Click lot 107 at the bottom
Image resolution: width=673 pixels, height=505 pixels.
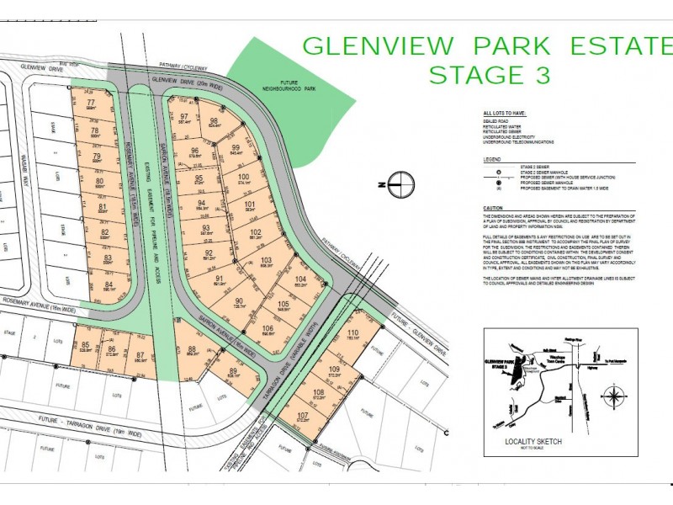tap(303, 417)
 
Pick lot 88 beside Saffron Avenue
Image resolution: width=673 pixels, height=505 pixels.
tap(192, 352)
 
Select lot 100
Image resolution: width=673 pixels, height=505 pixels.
tap(245, 179)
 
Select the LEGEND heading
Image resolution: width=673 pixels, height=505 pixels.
tap(492, 158)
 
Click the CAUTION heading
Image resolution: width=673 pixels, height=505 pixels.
tap(493, 208)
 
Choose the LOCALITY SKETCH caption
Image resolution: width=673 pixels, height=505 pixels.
tap(533, 441)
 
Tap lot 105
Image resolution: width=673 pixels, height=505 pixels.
tap(284, 306)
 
